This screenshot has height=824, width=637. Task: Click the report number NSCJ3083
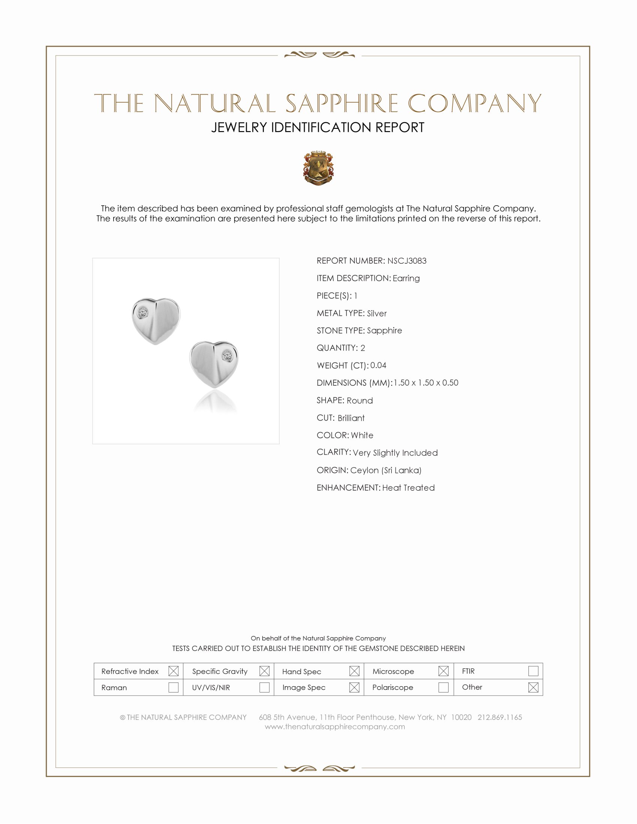click(x=407, y=261)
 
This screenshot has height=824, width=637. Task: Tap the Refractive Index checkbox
click(x=173, y=671)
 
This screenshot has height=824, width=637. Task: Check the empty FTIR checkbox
click(x=533, y=671)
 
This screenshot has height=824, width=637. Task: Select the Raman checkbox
click(x=173, y=687)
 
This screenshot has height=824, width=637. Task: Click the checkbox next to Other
click(x=533, y=687)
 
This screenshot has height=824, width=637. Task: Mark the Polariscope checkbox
click(x=443, y=687)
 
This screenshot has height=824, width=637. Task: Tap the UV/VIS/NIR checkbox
click(x=264, y=687)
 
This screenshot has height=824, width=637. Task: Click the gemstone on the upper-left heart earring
click(x=143, y=313)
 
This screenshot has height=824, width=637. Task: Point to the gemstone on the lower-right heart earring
click(x=227, y=355)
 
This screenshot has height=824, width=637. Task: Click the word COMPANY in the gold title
click(x=474, y=103)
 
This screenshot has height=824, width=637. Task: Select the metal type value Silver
click(x=377, y=313)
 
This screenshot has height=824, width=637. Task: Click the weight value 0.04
click(x=378, y=365)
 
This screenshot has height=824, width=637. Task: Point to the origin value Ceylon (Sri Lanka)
click(x=386, y=470)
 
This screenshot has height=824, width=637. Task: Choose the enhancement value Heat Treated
click(x=408, y=487)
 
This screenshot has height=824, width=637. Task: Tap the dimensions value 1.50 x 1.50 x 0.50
click(x=426, y=382)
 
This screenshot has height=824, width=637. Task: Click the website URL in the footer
click(x=335, y=727)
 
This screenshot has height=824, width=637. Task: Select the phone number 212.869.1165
click(x=499, y=717)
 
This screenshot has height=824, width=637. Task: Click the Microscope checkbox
click(x=443, y=671)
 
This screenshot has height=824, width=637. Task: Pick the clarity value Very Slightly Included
click(x=395, y=453)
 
